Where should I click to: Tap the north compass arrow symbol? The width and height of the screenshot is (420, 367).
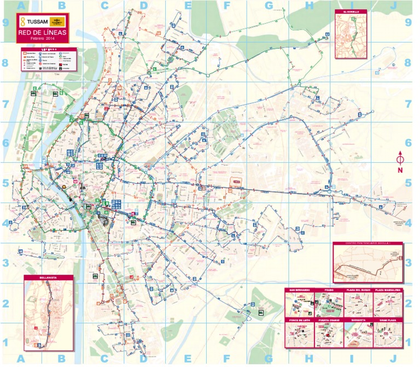[x=400, y=159]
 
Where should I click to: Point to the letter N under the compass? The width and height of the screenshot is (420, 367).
[x=400, y=170]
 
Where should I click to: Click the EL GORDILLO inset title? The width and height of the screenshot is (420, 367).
[x=349, y=11]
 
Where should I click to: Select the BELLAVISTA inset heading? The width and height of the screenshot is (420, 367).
[x=48, y=277]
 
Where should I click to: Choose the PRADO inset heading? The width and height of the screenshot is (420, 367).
[x=329, y=290]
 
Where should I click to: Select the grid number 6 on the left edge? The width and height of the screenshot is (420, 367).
[x=6, y=143]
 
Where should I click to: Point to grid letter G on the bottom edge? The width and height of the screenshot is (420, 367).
[x=268, y=358]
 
